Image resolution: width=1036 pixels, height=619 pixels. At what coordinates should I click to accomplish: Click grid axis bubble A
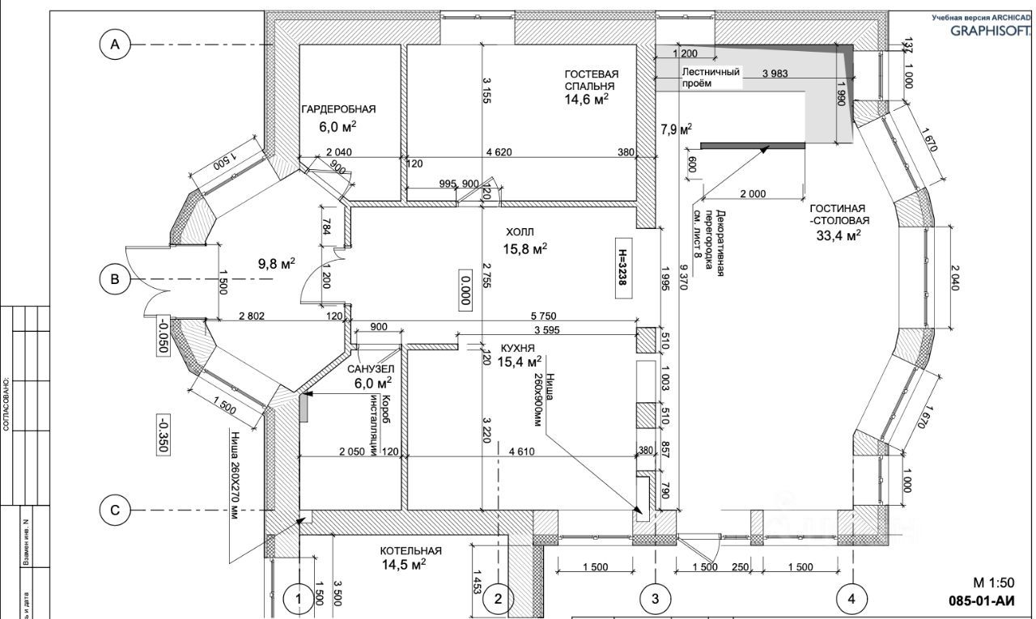click(x=115, y=45)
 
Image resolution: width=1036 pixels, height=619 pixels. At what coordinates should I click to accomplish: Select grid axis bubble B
click(x=115, y=280)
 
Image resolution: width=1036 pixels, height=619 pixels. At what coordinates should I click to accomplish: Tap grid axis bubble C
click(x=115, y=510)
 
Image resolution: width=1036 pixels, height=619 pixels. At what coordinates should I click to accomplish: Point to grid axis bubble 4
click(x=851, y=599)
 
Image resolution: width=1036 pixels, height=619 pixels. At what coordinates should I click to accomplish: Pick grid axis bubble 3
click(x=655, y=599)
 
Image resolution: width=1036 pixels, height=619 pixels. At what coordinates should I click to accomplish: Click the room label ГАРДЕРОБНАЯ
click(x=338, y=108)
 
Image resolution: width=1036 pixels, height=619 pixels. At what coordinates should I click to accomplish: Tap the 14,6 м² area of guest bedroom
click(x=587, y=100)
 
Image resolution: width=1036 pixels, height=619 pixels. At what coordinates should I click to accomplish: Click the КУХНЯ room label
click(x=518, y=347)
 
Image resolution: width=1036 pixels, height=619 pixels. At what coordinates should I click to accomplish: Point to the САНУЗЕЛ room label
click(x=370, y=369)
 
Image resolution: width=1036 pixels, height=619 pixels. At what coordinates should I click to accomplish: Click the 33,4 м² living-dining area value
click(x=839, y=235)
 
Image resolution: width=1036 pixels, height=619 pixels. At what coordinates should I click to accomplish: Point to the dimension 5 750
click(x=543, y=316)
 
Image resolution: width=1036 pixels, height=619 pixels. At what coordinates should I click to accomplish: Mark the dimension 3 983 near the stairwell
click(x=775, y=74)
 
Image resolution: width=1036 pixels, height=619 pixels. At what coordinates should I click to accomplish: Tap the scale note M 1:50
click(x=993, y=583)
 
